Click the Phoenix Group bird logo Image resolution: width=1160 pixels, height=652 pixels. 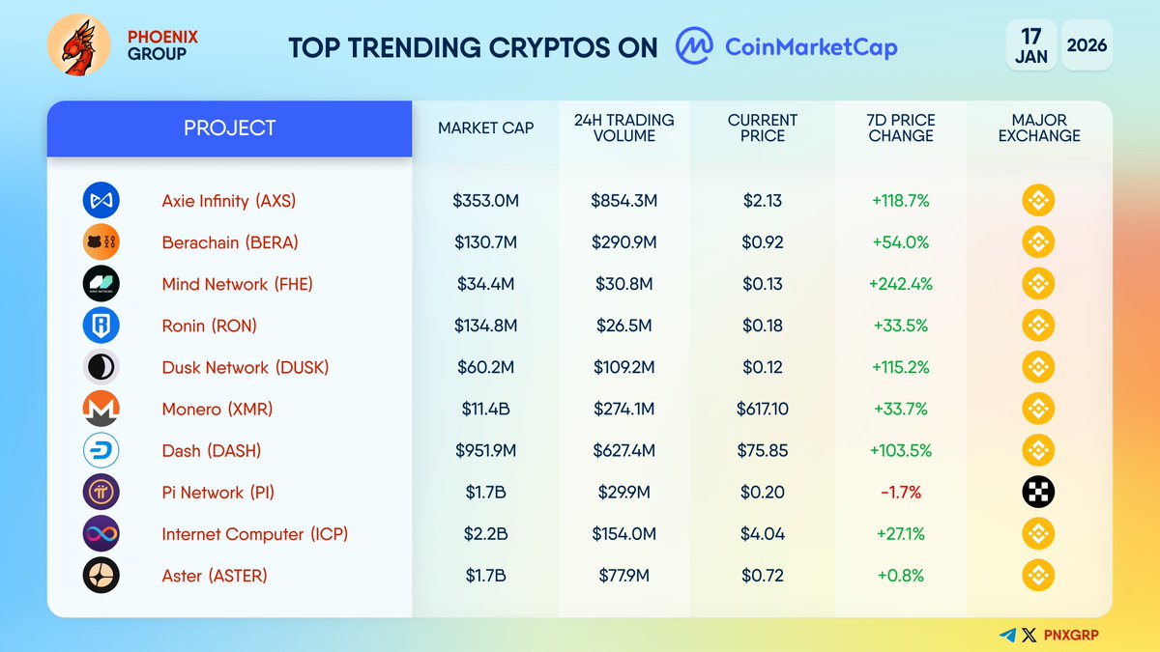(x=78, y=46)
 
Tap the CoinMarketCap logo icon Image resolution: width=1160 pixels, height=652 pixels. (x=694, y=46)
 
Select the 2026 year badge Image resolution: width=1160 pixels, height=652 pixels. (x=1087, y=45)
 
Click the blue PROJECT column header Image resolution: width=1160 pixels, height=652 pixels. (x=229, y=128)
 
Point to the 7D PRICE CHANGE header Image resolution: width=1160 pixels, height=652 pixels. (x=900, y=128)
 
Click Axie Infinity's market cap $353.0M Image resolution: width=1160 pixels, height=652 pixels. (x=485, y=201)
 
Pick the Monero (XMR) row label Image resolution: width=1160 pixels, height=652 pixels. (x=217, y=410)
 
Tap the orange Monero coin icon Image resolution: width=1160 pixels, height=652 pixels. (x=101, y=410)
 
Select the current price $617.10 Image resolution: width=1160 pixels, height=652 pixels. (x=762, y=410)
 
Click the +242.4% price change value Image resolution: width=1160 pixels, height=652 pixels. (x=900, y=284)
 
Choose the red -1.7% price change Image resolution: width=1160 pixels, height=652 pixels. (x=900, y=493)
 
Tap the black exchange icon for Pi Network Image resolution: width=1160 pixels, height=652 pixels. (x=1038, y=493)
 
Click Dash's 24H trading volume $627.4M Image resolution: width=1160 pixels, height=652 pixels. (x=623, y=451)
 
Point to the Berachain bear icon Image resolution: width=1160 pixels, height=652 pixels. (x=101, y=242)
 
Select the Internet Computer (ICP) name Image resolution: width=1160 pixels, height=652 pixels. (x=254, y=534)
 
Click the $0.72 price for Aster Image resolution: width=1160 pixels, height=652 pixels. (x=762, y=576)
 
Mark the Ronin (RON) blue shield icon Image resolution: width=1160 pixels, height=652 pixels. (x=101, y=326)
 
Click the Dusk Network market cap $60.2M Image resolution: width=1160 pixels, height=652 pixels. (x=485, y=368)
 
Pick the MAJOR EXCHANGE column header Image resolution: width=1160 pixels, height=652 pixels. (x=1038, y=128)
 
